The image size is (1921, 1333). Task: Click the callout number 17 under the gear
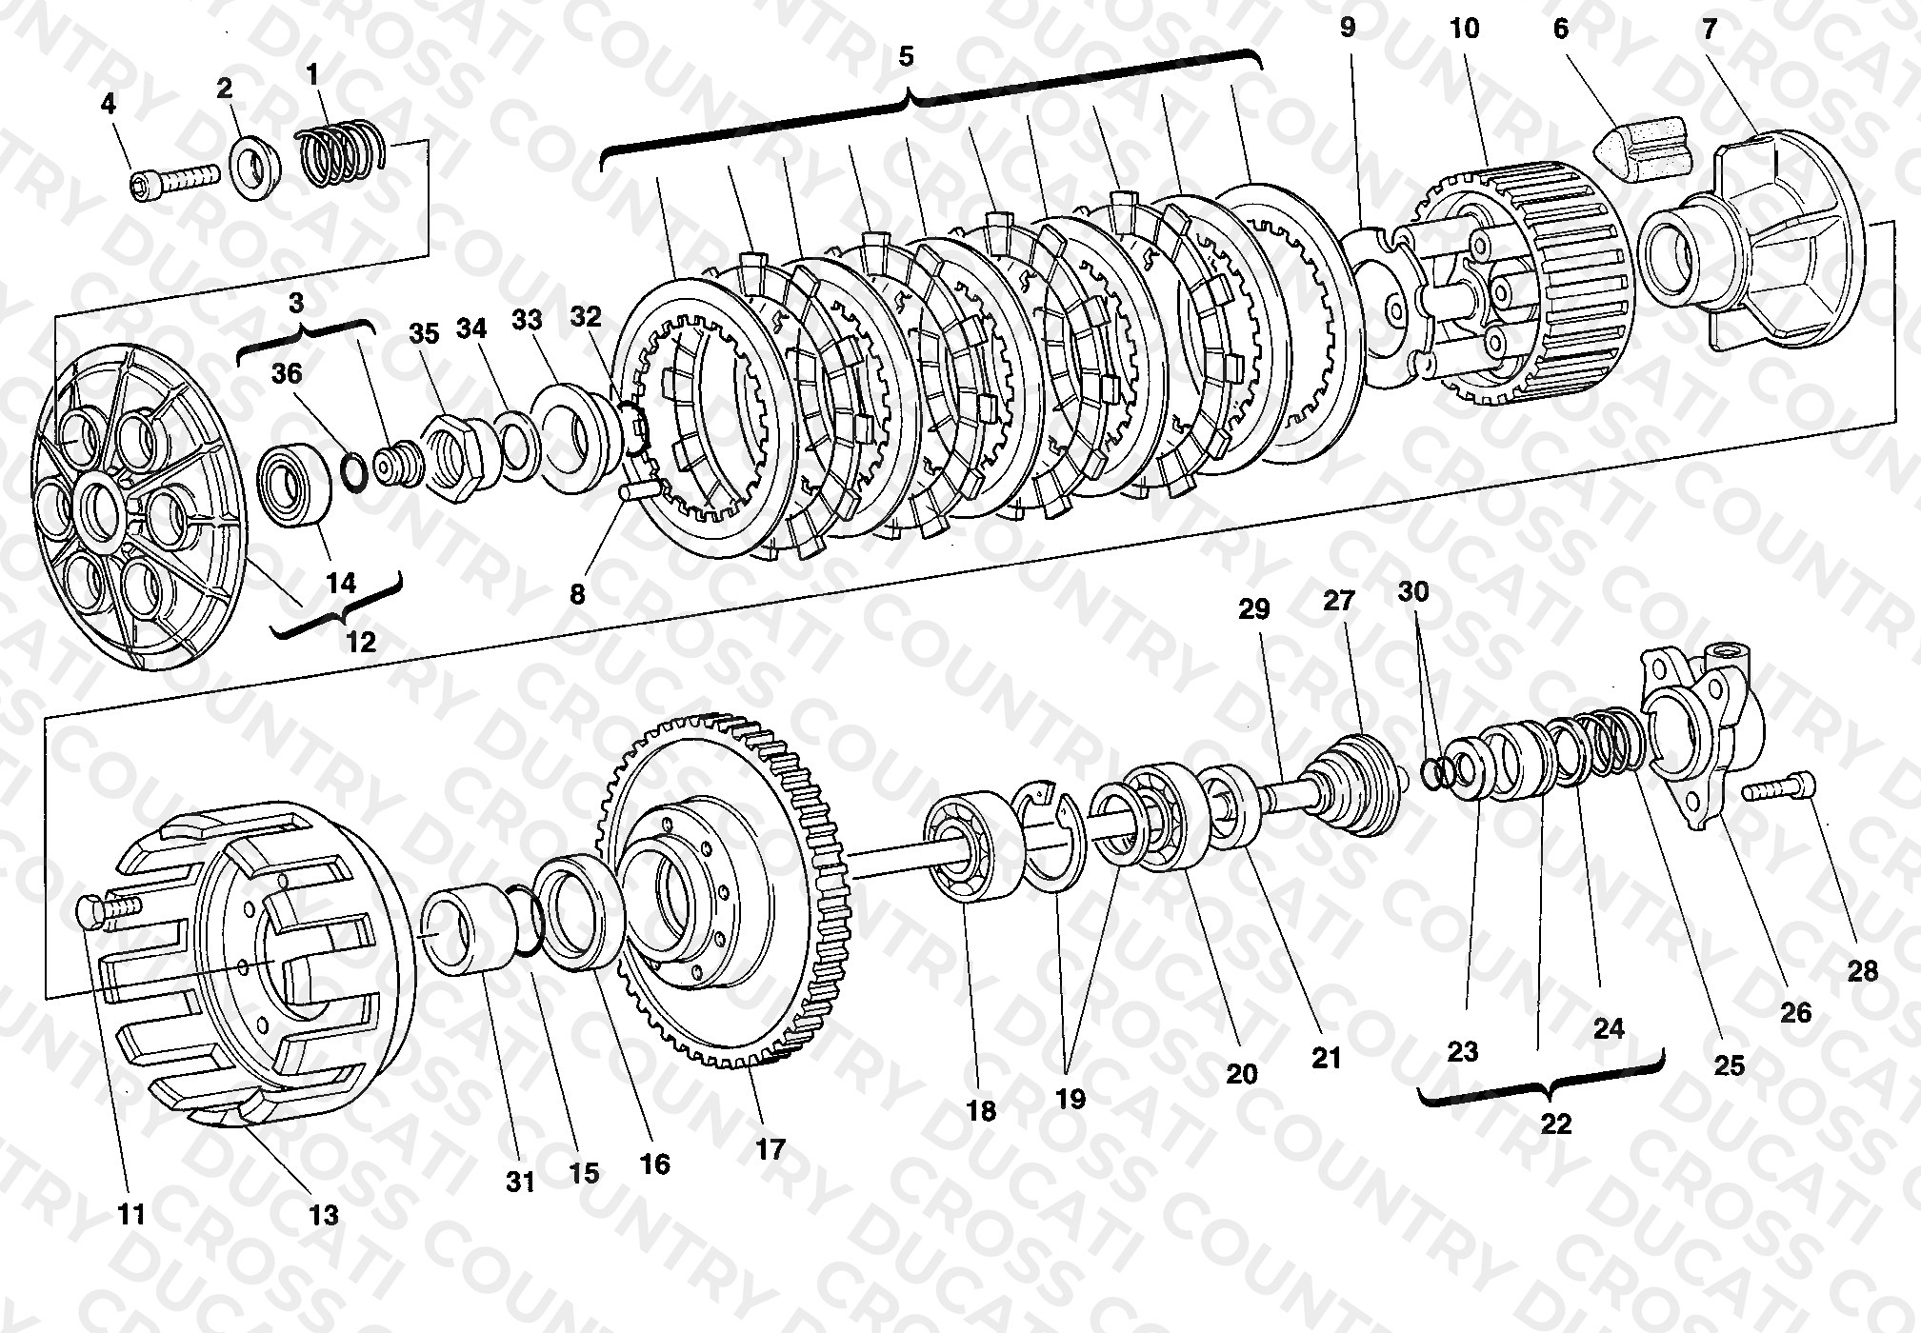click(770, 1149)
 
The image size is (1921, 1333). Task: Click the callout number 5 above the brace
click(906, 56)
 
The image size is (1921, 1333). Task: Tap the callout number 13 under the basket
click(324, 1215)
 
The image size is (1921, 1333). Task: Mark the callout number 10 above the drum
click(1464, 29)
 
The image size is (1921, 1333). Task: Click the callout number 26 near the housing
click(1795, 1011)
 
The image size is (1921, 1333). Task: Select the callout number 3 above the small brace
click(296, 303)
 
